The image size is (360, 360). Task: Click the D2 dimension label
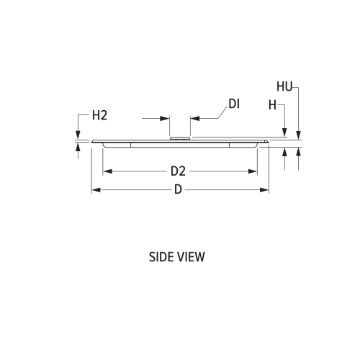178,171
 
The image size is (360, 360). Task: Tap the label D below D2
178,191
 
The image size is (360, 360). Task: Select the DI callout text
233,104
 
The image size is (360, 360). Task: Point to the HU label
284,86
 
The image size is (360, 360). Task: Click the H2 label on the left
99,115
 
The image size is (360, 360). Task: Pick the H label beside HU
273,104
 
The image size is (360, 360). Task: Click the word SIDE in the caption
162,257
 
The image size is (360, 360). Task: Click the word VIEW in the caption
191,257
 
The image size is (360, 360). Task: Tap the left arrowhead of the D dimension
95,190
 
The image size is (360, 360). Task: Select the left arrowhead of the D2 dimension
107,171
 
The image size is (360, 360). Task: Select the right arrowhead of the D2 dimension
253,171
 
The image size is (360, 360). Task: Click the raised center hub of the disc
179,138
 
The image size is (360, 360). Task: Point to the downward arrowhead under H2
78,135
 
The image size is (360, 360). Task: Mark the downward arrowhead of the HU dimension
298,135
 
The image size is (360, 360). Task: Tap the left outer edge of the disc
92,142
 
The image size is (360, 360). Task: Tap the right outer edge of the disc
268,142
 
